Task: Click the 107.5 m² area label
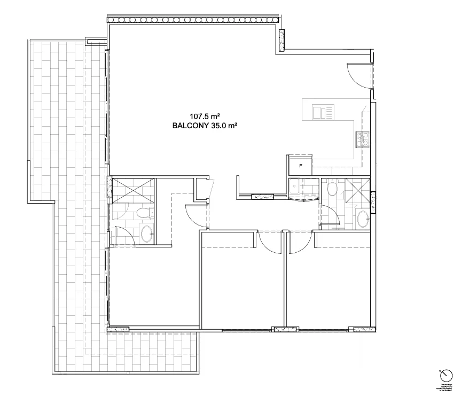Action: point(205,115)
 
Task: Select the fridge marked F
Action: point(300,166)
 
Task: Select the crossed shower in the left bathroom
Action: point(133,189)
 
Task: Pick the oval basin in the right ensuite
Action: point(362,219)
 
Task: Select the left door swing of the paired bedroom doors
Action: point(270,243)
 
